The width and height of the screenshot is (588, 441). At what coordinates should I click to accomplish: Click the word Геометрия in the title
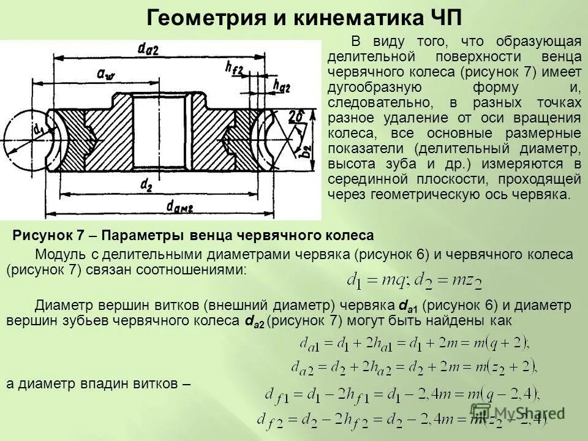point(200,17)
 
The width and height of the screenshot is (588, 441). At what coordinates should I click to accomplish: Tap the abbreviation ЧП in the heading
point(443,17)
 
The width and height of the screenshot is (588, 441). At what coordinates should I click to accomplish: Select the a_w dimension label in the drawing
point(106,73)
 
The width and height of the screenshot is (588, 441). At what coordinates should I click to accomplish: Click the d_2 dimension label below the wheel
point(146,184)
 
